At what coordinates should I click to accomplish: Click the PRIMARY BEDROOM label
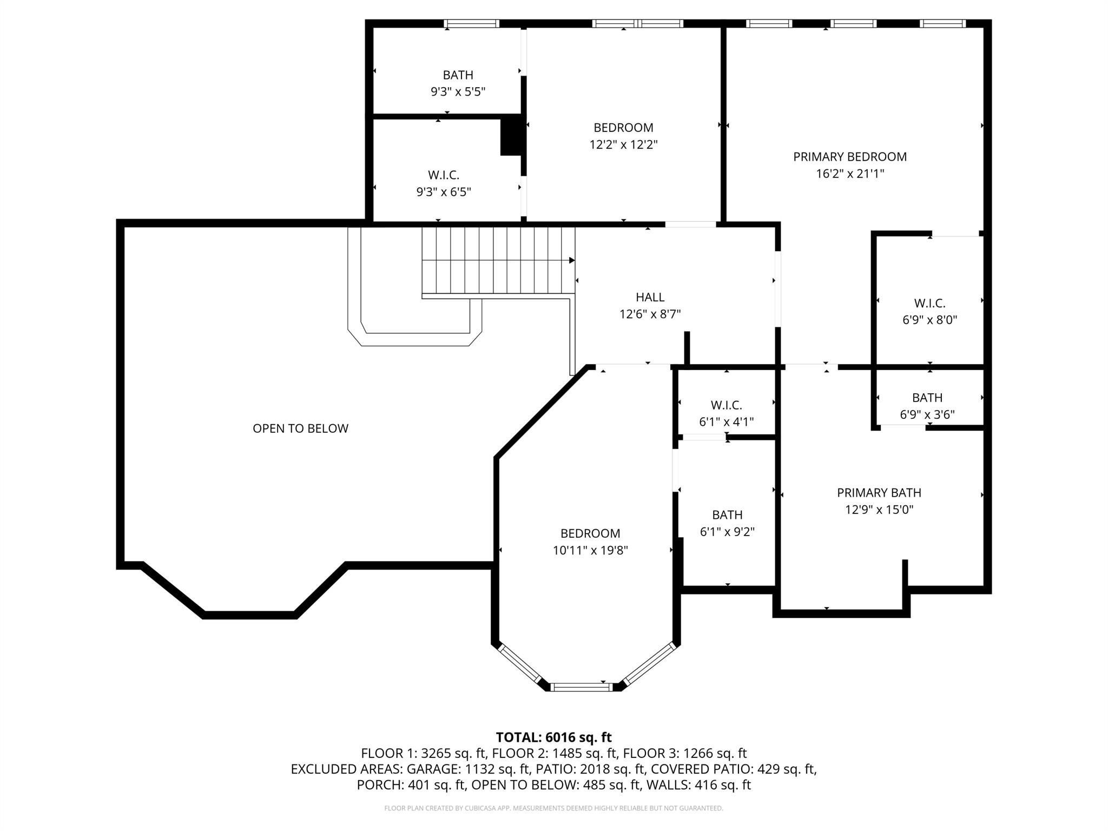coord(849,157)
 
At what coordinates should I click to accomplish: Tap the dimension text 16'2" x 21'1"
coord(849,174)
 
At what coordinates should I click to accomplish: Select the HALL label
coord(650,297)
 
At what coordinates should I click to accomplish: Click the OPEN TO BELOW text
coord(300,428)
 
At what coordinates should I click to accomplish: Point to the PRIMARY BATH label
coord(879,493)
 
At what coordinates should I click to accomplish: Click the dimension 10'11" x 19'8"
coord(590,550)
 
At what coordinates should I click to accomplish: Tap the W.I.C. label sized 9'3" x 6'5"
coord(443,175)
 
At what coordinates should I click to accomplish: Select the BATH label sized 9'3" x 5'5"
coord(458,75)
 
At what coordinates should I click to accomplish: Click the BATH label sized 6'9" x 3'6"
coord(927,398)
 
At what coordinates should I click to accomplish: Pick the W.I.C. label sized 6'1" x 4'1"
coord(726,405)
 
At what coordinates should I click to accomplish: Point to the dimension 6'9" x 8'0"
coord(929,320)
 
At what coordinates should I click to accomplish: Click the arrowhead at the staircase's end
coord(571,260)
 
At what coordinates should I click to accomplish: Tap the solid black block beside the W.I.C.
coord(510,137)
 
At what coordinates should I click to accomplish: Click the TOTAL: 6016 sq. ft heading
coord(553,737)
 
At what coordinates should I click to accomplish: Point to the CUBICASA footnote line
coord(553,808)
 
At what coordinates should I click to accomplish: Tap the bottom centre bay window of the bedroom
coord(582,687)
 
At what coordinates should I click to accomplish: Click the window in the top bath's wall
coord(471,23)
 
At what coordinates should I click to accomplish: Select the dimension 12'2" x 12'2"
coord(623,144)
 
